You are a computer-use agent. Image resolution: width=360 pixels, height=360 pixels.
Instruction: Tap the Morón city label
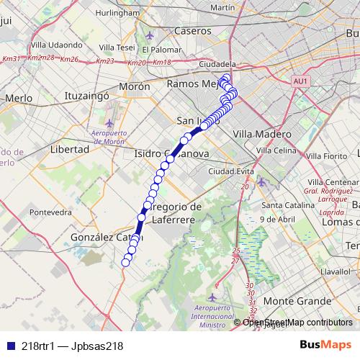[x=133, y=86]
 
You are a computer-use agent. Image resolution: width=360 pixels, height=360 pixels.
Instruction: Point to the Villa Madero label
[x=262, y=134]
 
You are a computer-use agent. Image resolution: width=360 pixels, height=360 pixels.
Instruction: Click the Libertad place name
[x=70, y=149]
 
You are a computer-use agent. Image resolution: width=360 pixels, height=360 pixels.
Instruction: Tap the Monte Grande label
[x=292, y=300]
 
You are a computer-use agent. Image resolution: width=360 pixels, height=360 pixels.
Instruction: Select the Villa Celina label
[x=276, y=150]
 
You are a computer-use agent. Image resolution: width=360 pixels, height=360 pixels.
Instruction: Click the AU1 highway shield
[x=301, y=81]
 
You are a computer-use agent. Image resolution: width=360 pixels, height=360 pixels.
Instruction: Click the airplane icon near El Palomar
[x=150, y=35]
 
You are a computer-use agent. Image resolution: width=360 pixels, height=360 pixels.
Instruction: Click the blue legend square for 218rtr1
[x=9, y=346]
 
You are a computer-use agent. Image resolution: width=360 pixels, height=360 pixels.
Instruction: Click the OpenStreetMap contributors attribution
[x=297, y=323]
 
